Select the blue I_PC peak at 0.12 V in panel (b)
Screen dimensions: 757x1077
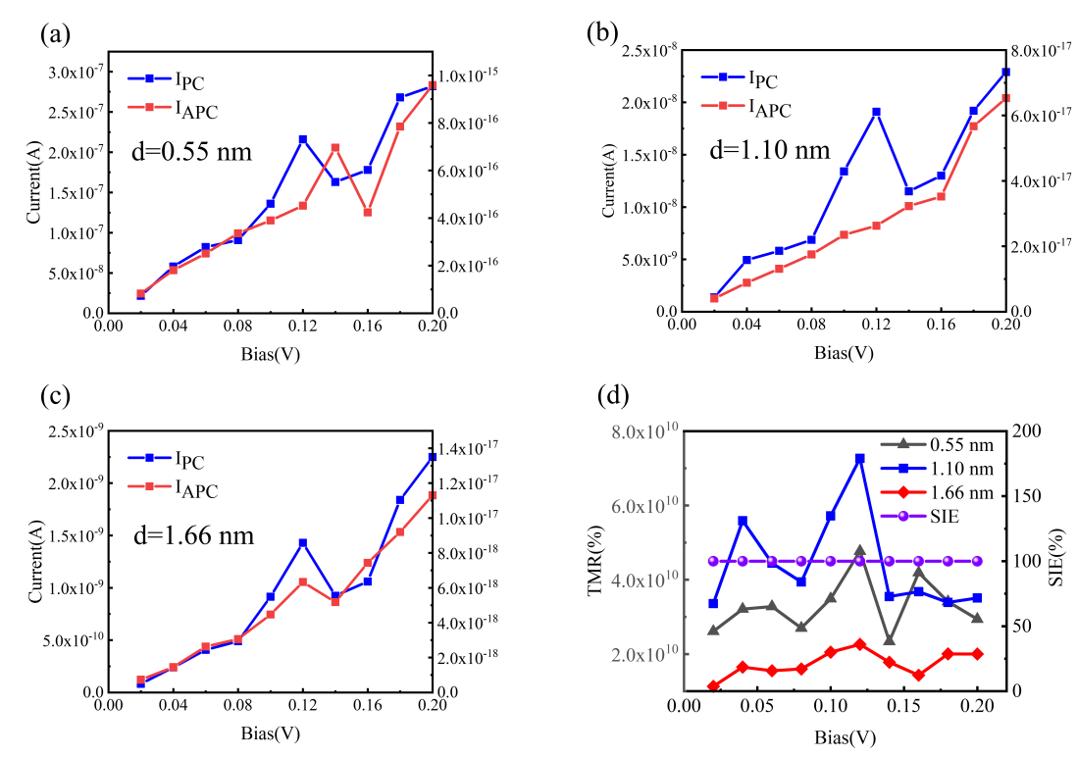[x=876, y=112]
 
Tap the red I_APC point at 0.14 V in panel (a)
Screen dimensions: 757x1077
[x=335, y=148]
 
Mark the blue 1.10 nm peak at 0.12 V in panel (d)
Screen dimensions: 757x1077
[x=860, y=458]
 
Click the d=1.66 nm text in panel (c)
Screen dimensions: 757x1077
[x=193, y=535]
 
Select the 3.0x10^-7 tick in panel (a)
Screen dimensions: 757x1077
[x=74, y=73]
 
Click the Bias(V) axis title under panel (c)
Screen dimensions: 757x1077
[x=270, y=732]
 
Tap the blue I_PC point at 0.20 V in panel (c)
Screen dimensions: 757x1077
[x=433, y=457]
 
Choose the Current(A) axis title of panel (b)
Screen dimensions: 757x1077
[x=608, y=180]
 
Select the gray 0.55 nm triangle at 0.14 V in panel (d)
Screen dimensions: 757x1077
[x=889, y=640]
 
